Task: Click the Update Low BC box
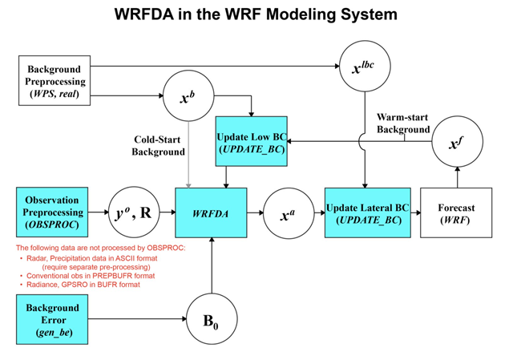point(252,140)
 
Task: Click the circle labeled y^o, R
point(131,212)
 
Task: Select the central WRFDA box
point(212,212)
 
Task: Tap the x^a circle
point(287,212)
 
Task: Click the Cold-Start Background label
point(159,145)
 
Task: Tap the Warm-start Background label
point(403,123)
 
